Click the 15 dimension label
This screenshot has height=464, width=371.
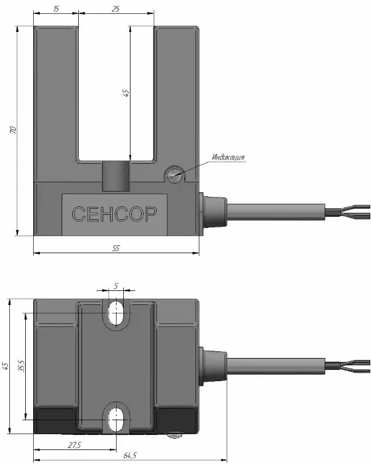point(56,9)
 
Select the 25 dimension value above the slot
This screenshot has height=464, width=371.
point(116,9)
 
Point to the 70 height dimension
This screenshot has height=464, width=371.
point(13,130)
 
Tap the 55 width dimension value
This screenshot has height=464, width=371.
point(116,248)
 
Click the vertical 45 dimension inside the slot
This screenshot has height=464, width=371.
point(126,93)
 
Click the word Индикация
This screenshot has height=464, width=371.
point(228,157)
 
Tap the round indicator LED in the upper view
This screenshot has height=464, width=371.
point(174,175)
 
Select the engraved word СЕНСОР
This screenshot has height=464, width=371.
point(114,214)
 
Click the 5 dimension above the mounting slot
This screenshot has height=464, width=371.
point(116,286)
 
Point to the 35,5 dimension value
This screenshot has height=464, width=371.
point(21,366)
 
